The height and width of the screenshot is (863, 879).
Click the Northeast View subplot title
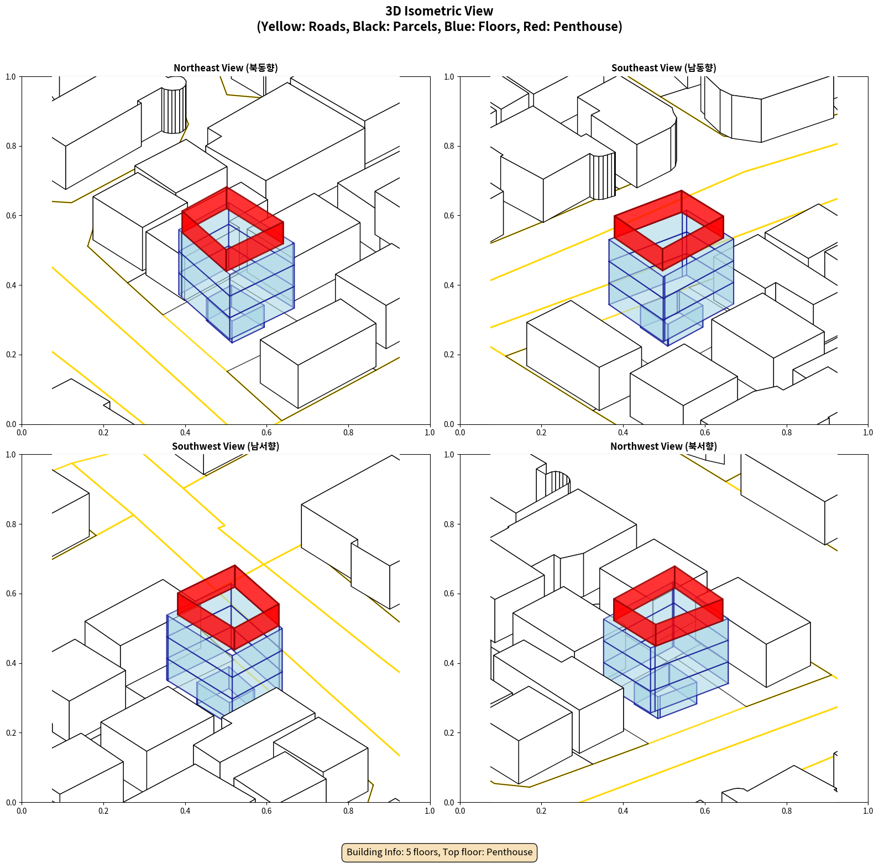pos(226,68)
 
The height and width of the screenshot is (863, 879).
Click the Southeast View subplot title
pos(663,68)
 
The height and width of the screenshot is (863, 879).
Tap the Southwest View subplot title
pos(226,446)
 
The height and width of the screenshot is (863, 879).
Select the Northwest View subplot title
pos(663,446)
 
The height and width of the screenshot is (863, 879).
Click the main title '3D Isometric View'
pos(439,11)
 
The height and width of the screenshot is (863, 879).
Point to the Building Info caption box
pos(439,852)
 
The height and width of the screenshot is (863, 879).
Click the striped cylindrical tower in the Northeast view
pos(174,108)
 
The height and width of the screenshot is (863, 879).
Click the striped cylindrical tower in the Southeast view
pos(603,176)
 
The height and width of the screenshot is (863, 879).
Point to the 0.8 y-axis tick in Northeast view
pos(11,146)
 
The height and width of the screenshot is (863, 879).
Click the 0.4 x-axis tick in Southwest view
pos(185,811)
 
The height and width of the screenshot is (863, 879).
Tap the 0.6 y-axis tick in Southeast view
pos(449,216)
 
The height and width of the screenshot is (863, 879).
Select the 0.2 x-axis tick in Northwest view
pos(541,811)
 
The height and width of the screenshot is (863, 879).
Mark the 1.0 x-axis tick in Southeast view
pos(868,433)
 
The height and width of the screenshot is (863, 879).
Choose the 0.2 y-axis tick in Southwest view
pos(11,733)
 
